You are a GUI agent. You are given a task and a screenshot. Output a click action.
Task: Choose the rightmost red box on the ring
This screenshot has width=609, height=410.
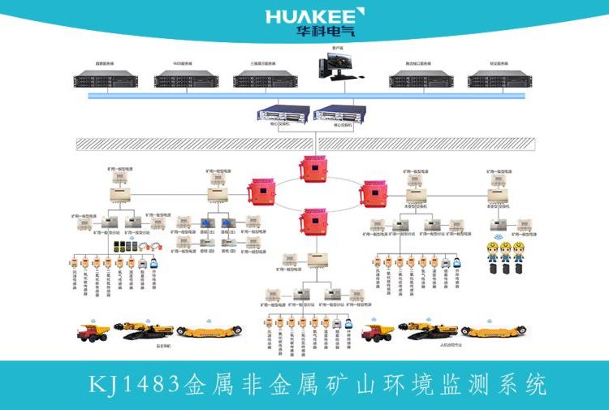376,193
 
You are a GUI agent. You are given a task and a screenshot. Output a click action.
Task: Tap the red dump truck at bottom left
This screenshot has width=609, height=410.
93,332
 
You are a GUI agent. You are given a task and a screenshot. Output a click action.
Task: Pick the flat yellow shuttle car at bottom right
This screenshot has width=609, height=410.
495,330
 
